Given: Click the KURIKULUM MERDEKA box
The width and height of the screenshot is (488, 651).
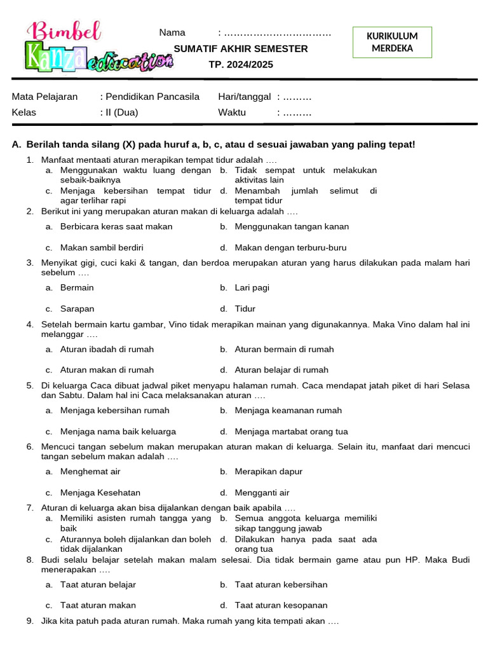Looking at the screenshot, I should [392, 43].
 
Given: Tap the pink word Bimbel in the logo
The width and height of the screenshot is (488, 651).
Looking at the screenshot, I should [65, 31].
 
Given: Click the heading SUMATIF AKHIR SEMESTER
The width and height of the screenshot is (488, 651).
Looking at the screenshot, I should [241, 49].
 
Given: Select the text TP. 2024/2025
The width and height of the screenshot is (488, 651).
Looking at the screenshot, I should [241, 64].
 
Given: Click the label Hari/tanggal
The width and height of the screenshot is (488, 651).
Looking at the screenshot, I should [245, 97].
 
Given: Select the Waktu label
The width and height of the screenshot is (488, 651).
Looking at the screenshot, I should [232, 113].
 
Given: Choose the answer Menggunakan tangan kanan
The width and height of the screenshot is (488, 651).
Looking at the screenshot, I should [292, 226].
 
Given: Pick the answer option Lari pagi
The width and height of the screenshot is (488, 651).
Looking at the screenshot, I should [252, 287].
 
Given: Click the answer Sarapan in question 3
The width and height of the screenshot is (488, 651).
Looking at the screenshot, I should [77, 309].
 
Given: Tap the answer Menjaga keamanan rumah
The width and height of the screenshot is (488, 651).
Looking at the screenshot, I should [288, 410].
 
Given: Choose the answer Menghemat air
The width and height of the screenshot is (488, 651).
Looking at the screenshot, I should [90, 472].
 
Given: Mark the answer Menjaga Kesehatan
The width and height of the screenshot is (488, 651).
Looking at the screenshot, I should [100, 493].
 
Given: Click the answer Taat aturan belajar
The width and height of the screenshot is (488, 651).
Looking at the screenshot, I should [98, 584].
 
